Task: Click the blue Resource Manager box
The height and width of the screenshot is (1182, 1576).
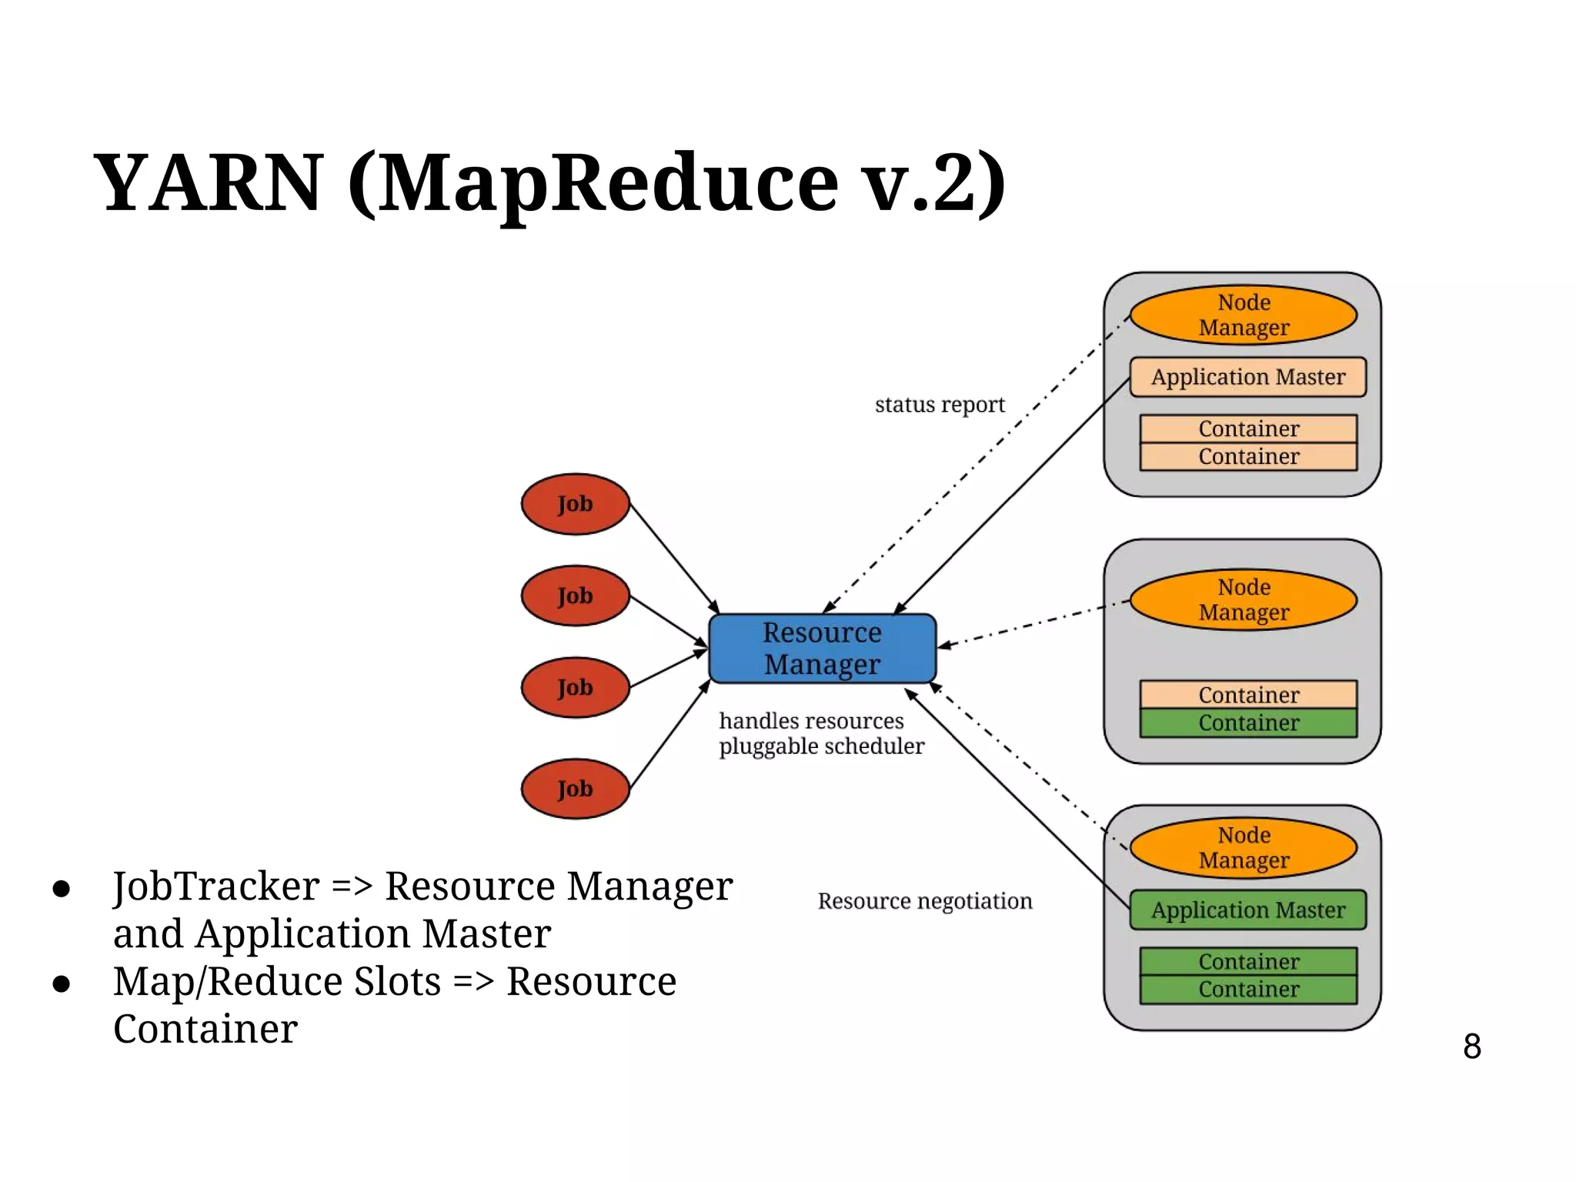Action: click(x=822, y=648)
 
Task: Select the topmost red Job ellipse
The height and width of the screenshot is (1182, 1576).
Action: click(x=576, y=504)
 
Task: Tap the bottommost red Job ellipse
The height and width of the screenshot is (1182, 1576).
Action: click(x=576, y=789)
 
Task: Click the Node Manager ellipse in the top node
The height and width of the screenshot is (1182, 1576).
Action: click(x=1244, y=315)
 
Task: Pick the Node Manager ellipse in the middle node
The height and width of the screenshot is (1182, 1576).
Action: click(x=1244, y=599)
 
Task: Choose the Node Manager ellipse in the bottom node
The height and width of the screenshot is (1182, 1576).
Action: click(x=1244, y=847)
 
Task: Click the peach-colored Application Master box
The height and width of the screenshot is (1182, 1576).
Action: click(x=1247, y=377)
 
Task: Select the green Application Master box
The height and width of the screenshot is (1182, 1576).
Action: click(x=1247, y=910)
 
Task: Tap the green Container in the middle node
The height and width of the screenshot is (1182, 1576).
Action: click(x=1248, y=723)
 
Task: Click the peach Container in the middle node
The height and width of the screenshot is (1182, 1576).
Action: click(x=1248, y=695)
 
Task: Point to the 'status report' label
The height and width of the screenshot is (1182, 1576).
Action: click(x=940, y=405)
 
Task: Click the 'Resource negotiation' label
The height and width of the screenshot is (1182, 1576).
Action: click(x=924, y=901)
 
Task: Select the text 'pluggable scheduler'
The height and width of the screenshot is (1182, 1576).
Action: click(x=821, y=746)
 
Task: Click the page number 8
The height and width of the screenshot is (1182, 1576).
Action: click(x=1471, y=1047)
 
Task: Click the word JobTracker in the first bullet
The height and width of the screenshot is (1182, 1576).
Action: click(x=216, y=886)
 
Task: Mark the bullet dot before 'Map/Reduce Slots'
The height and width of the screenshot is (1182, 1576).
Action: click(x=62, y=983)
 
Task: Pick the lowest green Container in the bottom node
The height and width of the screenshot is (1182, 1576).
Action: click(x=1248, y=990)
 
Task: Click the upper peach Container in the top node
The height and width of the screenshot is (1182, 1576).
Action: click(x=1248, y=429)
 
